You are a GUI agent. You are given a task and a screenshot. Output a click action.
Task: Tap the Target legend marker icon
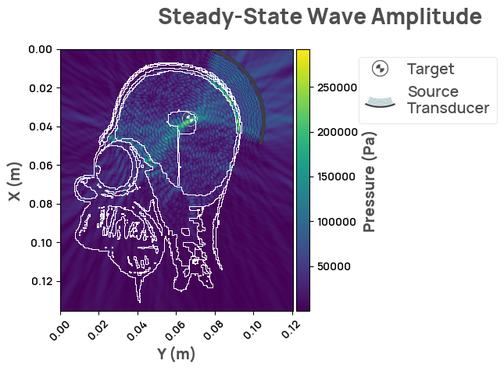[380, 69]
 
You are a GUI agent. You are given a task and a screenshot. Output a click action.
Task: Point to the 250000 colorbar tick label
[331, 88]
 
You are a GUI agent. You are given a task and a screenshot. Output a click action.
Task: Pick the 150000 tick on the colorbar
[331, 177]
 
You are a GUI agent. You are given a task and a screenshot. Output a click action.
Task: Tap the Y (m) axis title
[176, 354]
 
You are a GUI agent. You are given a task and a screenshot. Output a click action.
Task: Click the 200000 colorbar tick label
[331, 133]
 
